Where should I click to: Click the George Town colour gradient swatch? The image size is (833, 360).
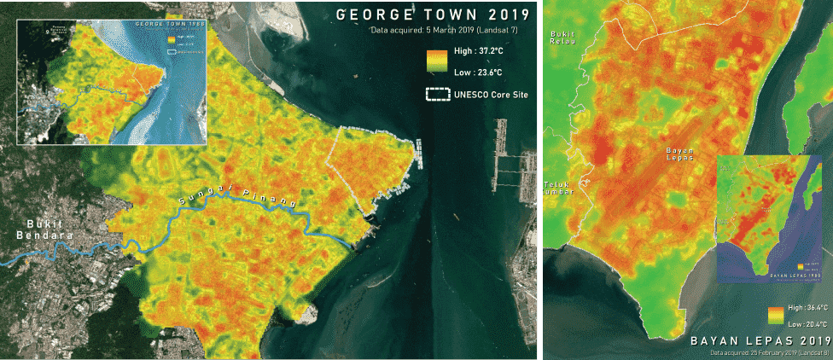436,61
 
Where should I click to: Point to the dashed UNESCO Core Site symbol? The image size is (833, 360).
436,94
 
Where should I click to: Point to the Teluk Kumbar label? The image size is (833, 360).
559,188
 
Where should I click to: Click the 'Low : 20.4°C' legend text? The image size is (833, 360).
807,324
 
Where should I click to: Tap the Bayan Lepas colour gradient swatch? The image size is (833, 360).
775,316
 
